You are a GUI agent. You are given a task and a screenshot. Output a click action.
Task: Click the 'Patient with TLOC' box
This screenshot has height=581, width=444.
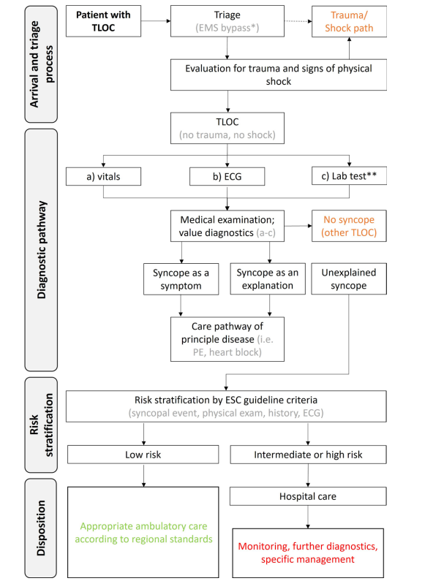coord(103,21)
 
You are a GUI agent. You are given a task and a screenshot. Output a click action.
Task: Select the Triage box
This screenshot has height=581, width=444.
coord(227,21)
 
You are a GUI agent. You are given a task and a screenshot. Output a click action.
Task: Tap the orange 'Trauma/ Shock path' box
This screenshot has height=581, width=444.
coord(349,21)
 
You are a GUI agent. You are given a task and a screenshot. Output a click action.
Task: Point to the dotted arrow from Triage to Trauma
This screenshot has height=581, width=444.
coord(298,21)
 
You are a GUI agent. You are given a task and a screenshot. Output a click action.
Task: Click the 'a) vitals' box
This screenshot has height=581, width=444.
coord(103,176)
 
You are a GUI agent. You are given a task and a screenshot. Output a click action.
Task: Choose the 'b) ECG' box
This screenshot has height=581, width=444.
coord(227,176)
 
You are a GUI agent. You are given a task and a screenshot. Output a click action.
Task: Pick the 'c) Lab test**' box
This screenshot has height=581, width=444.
coord(349,175)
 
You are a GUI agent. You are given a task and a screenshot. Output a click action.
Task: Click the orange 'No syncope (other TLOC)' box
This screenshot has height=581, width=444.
coord(349,226)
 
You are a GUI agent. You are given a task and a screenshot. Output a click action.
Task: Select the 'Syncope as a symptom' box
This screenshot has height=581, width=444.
coord(181,279)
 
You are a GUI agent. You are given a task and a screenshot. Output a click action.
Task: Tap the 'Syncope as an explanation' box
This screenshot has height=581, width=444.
coord(268,278)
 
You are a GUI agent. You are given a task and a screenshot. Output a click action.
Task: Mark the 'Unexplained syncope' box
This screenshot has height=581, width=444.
coord(349,278)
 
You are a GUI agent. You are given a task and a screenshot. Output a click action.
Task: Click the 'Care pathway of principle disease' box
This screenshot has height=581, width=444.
coord(227,339)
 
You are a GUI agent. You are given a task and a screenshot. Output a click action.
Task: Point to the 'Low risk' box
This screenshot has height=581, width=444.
coord(143,455)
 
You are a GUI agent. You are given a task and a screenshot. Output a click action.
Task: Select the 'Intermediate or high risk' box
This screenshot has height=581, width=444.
coord(308,455)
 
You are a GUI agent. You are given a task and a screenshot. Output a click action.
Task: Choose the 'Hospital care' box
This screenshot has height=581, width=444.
coord(308,496)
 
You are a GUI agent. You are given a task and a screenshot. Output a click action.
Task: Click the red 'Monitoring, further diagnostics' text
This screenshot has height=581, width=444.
coord(308,546)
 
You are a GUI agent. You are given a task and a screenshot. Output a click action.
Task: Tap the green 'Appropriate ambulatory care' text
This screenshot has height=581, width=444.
coord(143,526)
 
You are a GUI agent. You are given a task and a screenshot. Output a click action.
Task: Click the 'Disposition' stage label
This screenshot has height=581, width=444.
coord(41,528)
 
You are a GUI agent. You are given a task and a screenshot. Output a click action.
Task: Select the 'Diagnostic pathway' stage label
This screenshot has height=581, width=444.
coord(41,250)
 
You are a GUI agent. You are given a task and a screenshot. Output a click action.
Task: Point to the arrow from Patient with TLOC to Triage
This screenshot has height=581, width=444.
coord(156,21)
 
